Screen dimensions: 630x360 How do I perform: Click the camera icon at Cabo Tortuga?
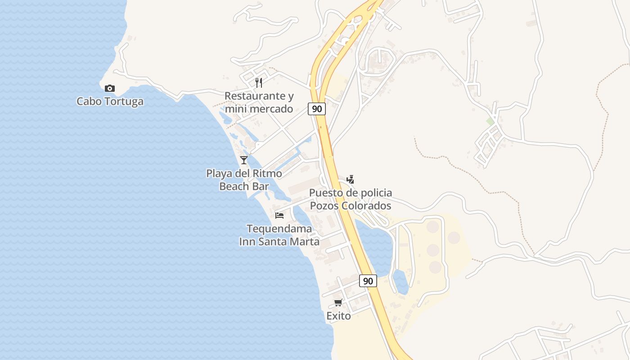point(109,88)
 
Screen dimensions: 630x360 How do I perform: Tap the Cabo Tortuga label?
point(110,101)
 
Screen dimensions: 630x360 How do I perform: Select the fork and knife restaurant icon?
point(259,82)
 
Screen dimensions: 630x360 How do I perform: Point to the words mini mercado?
point(259,109)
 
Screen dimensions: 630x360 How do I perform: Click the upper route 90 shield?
point(317,109)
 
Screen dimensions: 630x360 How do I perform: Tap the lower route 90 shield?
point(368,281)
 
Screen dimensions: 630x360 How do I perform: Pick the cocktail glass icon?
point(244,160)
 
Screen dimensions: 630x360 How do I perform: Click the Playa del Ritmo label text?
point(244,173)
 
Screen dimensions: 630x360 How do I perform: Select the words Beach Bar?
point(244,186)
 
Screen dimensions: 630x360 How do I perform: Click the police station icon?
point(350,180)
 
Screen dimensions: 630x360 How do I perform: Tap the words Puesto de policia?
point(350,193)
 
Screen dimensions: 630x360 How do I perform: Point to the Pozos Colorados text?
point(350,206)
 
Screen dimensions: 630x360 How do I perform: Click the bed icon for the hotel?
point(279,215)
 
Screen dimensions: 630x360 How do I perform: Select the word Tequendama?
point(279,229)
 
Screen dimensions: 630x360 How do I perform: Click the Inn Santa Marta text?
point(279,242)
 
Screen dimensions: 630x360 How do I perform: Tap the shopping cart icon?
point(338,302)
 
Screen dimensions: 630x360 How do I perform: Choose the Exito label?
point(338,316)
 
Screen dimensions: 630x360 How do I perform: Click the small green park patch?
point(490,121)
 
